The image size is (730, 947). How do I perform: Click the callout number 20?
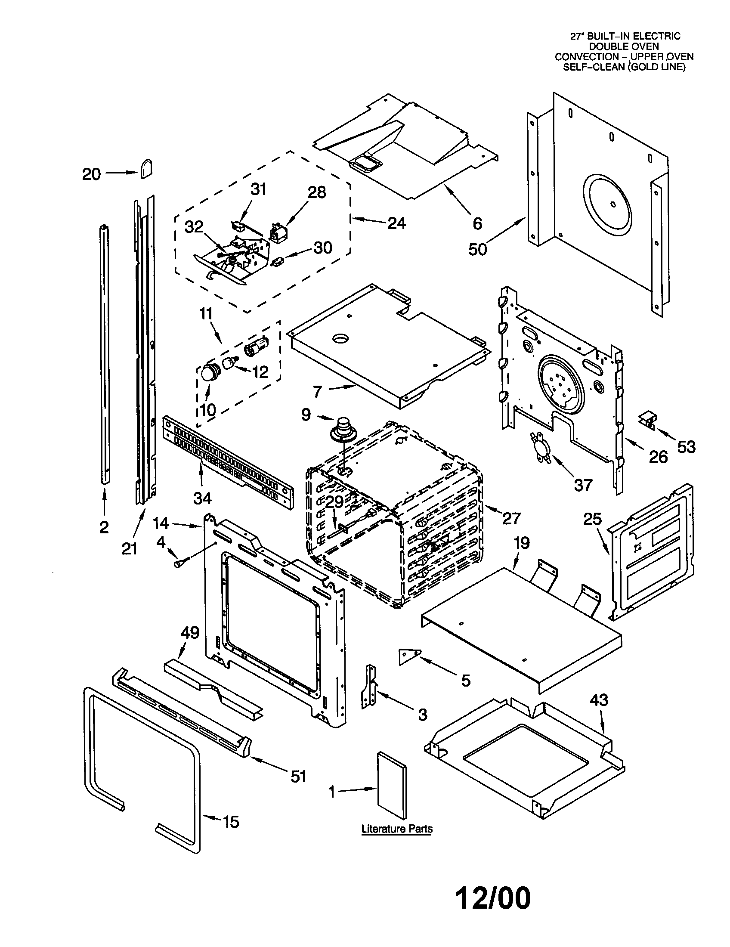click(x=91, y=174)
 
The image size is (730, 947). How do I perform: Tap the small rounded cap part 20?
click(x=145, y=168)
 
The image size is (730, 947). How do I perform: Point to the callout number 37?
click(x=583, y=485)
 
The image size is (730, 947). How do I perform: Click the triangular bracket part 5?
click(x=409, y=655)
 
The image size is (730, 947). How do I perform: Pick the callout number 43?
click(x=599, y=700)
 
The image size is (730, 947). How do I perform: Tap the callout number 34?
click(x=202, y=498)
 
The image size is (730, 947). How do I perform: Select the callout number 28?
click(x=316, y=192)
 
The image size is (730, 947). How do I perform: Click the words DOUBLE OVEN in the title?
click(x=624, y=46)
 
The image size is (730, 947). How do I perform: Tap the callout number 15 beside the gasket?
click(x=230, y=822)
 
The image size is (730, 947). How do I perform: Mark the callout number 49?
click(x=190, y=633)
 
